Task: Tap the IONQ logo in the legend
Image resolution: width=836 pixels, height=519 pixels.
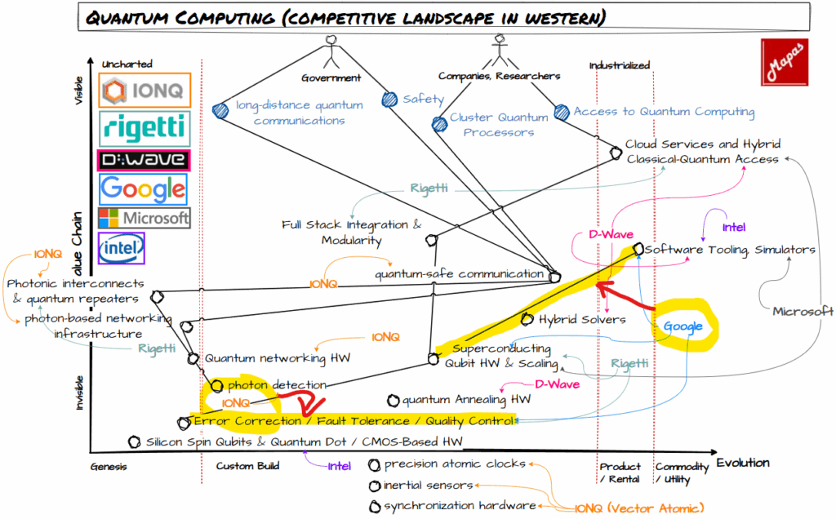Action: (x=145, y=90)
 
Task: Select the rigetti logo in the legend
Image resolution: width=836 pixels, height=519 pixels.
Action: (x=145, y=127)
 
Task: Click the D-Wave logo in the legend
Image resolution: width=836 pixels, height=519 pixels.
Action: (x=143, y=160)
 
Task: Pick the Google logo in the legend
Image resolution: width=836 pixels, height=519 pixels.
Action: (x=143, y=189)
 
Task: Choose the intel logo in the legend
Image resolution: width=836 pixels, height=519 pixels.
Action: (x=121, y=246)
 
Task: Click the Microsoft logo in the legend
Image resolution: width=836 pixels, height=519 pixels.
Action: (x=144, y=218)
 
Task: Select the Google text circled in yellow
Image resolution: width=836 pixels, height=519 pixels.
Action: (x=683, y=326)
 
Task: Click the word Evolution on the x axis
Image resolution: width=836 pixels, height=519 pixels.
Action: (x=742, y=463)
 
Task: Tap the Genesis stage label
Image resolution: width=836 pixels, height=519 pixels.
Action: (x=109, y=466)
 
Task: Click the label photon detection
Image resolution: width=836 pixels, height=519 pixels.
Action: (x=277, y=384)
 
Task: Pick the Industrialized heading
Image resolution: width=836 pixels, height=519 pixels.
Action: (x=619, y=65)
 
